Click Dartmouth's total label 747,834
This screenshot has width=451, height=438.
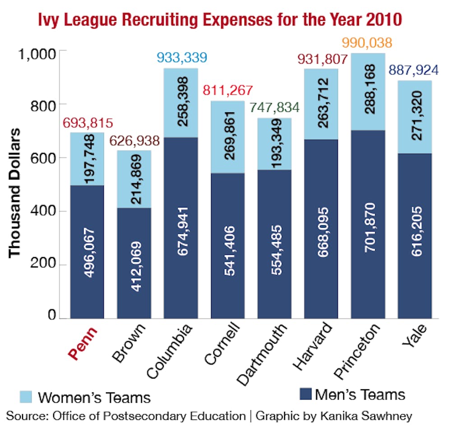(x=275, y=110)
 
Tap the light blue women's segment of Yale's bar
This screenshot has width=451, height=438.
(x=415, y=117)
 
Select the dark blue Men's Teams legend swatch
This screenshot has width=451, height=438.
(x=306, y=395)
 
